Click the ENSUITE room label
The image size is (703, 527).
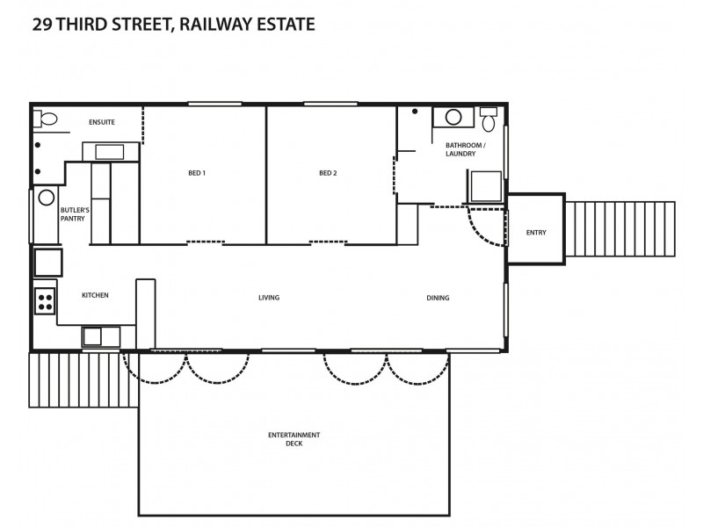pyautogui.click(x=102, y=121)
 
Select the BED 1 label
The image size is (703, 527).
pyautogui.click(x=197, y=173)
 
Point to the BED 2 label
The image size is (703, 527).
pyautogui.click(x=328, y=173)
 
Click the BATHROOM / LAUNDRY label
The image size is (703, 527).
pyautogui.click(x=464, y=149)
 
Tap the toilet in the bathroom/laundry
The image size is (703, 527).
pyautogui.click(x=489, y=121)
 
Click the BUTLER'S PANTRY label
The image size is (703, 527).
pyautogui.click(x=75, y=214)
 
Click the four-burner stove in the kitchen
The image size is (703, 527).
pyautogui.click(x=45, y=300)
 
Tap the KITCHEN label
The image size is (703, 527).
pyautogui.click(x=95, y=295)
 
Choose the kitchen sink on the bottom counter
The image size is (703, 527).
pyautogui.click(x=101, y=336)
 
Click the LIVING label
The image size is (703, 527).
pyautogui.click(x=269, y=298)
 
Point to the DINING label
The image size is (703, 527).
pyautogui.click(x=438, y=298)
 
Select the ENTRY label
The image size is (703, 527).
pyautogui.click(x=535, y=233)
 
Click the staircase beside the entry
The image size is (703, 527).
pyautogui.click(x=620, y=229)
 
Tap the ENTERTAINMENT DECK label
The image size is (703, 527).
pyautogui.click(x=294, y=439)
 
